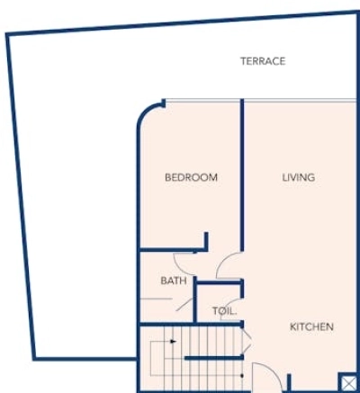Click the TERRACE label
263,61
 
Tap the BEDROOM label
191,177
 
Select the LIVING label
298,177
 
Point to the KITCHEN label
311,326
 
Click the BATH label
174,281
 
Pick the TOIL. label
224,311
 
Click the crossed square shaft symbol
346,381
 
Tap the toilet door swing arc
237,306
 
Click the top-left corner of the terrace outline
8,35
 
